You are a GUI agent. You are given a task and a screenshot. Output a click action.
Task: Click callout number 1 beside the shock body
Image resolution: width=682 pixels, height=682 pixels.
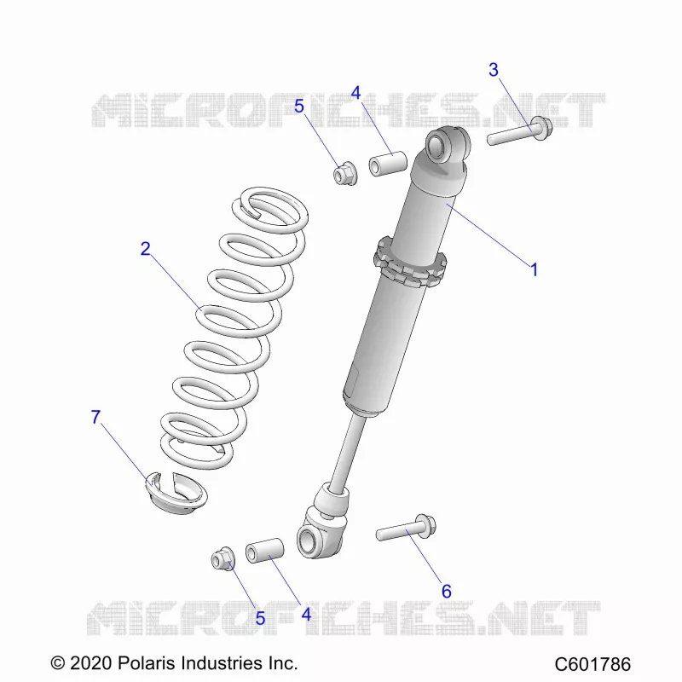535,269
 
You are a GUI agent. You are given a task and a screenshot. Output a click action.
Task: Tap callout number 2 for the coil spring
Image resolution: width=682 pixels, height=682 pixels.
146,248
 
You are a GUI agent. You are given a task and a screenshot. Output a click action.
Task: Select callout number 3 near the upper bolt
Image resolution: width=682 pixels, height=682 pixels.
494,70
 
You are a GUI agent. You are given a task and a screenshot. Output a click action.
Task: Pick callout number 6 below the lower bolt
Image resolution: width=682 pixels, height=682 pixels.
446,591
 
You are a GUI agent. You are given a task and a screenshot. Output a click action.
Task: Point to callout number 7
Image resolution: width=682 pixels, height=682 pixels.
95,417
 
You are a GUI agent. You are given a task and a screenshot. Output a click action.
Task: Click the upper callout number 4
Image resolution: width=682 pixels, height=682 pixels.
355,93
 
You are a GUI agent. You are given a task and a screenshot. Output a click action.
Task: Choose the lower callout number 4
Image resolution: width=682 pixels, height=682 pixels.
307,615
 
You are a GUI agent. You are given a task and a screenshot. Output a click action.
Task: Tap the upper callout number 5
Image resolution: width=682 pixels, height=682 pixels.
299,106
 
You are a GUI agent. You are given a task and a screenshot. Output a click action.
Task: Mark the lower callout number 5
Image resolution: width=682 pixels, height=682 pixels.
260,618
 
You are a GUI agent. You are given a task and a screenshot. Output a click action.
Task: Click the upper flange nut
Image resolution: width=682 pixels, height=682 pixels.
345,173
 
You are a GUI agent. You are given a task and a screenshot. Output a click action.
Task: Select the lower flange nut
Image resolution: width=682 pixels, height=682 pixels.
223,558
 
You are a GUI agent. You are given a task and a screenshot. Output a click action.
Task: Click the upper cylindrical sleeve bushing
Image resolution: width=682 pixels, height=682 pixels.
388,163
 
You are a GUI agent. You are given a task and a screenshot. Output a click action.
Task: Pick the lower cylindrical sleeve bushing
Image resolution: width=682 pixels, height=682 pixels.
265,550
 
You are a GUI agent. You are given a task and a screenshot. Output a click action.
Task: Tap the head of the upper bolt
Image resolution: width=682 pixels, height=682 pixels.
542,129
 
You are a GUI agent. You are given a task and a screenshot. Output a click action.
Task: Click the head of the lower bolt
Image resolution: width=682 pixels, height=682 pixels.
425,526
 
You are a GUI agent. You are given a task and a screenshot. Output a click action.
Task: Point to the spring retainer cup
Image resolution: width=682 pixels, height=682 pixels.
176,493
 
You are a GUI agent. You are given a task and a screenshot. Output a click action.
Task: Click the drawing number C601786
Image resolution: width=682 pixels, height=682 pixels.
592,664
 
